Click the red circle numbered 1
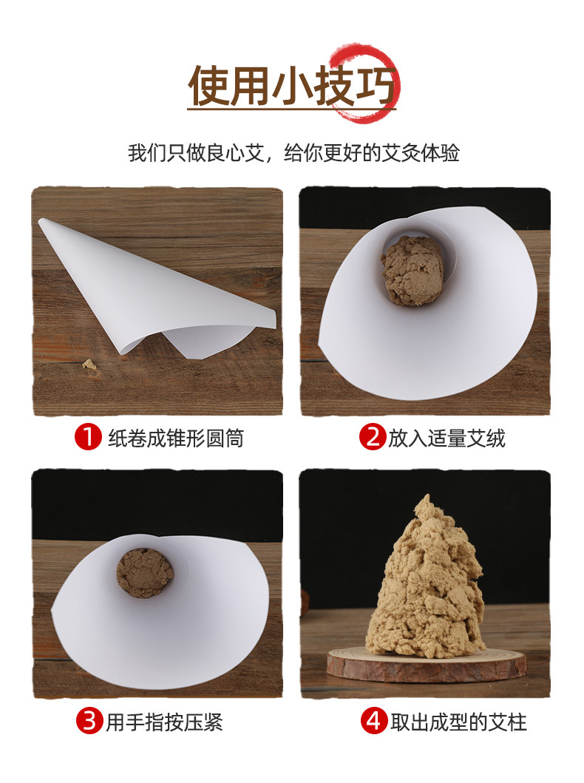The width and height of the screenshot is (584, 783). [x=89, y=437]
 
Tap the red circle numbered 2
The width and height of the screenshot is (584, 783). [x=373, y=437]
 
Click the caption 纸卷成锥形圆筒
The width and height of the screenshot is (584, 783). [x=176, y=438]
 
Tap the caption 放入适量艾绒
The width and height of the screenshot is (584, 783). [x=447, y=438]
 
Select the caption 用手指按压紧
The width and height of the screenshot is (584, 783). [x=164, y=722]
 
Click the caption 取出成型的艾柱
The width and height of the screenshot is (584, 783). [x=459, y=722]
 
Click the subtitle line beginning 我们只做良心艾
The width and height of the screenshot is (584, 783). [x=293, y=153]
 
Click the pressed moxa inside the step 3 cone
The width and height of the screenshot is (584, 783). [x=145, y=572]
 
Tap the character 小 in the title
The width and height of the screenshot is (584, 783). [x=292, y=85]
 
